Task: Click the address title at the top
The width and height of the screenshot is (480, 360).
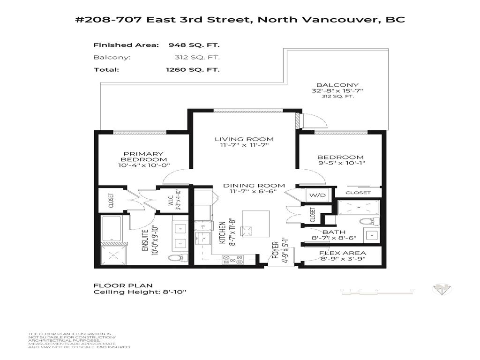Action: coord(240,20)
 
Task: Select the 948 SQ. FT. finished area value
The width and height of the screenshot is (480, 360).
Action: coord(194,45)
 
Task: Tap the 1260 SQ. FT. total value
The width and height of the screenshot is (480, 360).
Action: coord(192,69)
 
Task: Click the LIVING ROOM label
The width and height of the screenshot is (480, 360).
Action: coord(244,139)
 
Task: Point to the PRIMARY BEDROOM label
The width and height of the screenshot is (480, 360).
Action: coord(143,157)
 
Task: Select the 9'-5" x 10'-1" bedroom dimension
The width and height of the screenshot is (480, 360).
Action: coord(341,164)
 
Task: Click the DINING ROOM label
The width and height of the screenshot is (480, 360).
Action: coord(254,186)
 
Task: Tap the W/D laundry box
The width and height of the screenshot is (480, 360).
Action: coord(314,195)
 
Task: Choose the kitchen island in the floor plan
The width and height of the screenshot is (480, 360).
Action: coord(255,224)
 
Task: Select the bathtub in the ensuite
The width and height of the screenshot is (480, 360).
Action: coord(112,229)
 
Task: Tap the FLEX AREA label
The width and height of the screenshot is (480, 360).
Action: coord(343,253)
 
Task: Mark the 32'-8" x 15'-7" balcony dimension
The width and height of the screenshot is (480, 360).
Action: coord(337,90)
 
